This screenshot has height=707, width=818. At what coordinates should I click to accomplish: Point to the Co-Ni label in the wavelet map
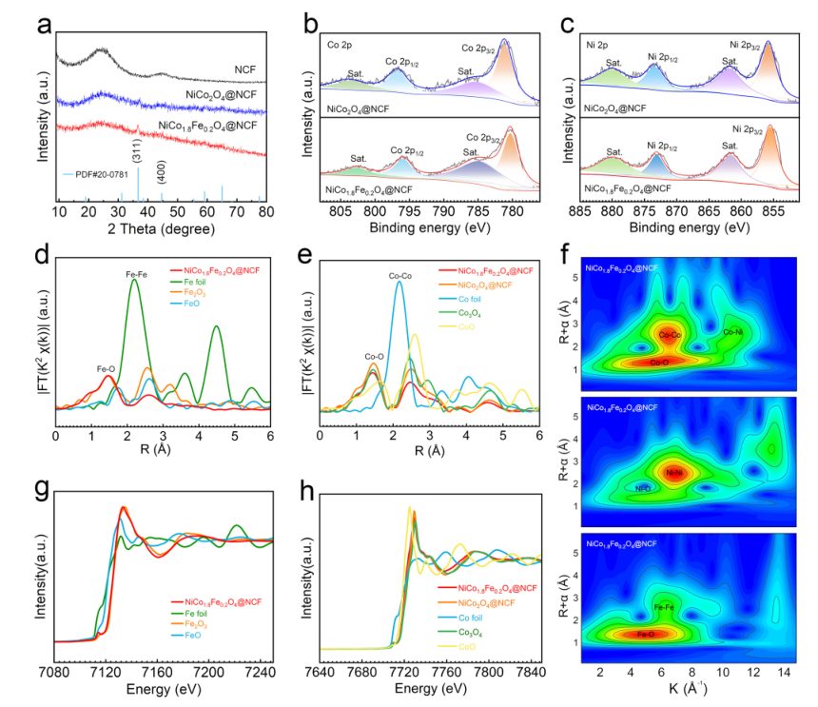(x=732, y=332)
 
